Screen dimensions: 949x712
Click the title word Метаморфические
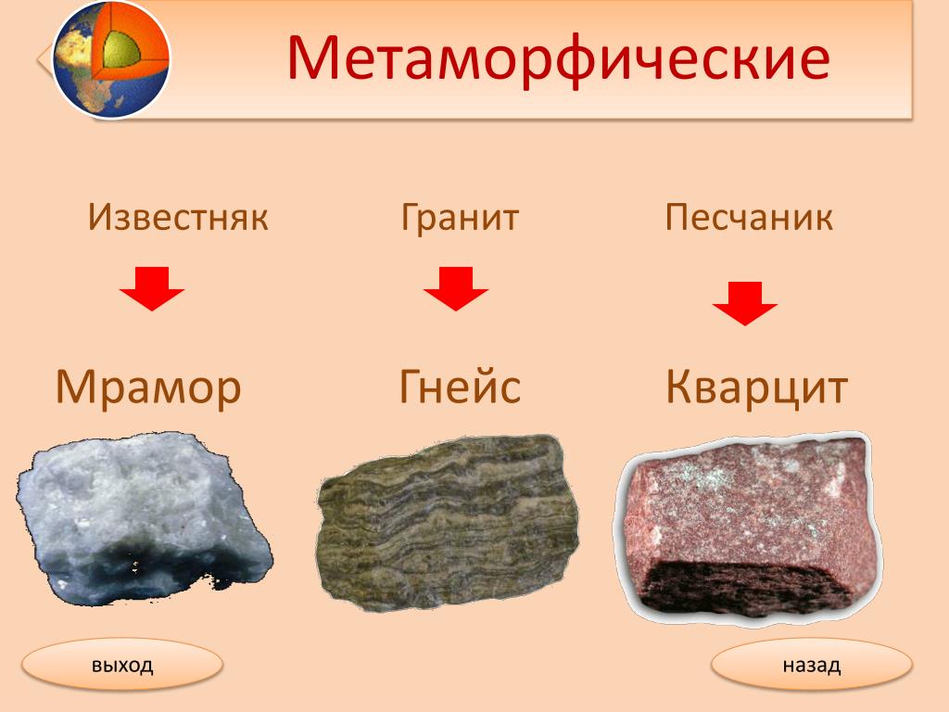(x=558, y=58)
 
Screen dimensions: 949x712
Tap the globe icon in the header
(x=111, y=58)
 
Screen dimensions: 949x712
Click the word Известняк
(x=178, y=217)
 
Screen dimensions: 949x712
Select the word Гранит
(x=460, y=217)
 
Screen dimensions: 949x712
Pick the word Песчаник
(x=749, y=217)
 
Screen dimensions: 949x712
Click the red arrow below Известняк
(x=152, y=289)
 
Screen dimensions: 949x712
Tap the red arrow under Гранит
(x=456, y=289)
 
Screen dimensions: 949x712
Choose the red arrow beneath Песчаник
(x=745, y=303)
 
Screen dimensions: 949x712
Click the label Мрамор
(x=148, y=388)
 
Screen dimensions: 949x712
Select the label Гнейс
(x=460, y=387)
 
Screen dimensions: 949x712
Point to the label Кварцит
(x=756, y=387)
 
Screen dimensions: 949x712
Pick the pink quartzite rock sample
(x=748, y=526)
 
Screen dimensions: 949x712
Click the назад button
(x=812, y=665)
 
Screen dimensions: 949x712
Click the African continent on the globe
(x=82, y=67)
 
